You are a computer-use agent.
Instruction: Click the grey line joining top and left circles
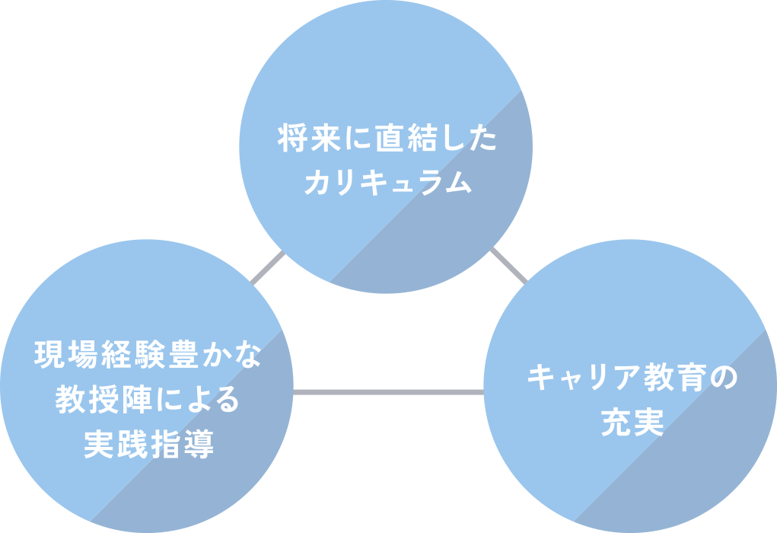pos(268,269)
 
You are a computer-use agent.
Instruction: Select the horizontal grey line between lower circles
pos(388,392)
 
